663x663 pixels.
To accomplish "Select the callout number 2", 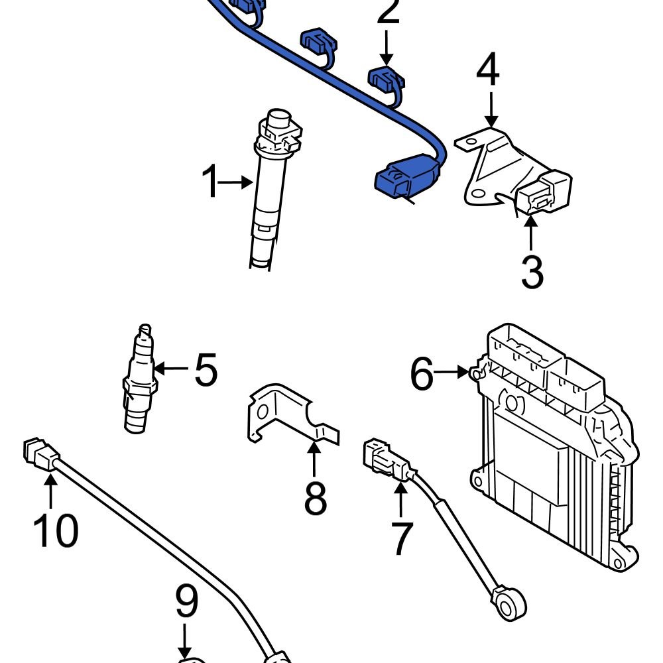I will [x=389, y=13].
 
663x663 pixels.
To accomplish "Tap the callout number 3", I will [x=532, y=272].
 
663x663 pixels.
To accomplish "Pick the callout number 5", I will [x=206, y=369].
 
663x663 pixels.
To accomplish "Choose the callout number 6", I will [x=422, y=375].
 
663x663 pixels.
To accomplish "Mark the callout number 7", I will [x=402, y=538].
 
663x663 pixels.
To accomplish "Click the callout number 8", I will [x=315, y=499].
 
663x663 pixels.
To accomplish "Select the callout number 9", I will [x=186, y=603].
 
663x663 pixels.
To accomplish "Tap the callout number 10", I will [x=56, y=530].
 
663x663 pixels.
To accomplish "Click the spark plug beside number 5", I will [x=139, y=381].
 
